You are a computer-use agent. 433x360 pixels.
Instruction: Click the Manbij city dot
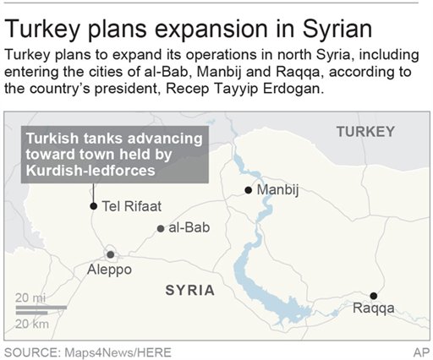(x=248, y=190)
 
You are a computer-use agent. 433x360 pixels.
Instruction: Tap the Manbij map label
(x=280, y=190)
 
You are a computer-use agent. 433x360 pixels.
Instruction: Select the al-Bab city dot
(x=161, y=228)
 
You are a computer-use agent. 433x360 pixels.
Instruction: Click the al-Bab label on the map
(x=189, y=228)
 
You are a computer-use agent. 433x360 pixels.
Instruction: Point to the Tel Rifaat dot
(x=92, y=205)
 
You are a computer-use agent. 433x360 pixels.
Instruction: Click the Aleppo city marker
(x=110, y=254)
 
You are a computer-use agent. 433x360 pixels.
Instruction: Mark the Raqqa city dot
(x=373, y=295)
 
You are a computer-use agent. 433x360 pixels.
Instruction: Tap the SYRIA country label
(x=189, y=290)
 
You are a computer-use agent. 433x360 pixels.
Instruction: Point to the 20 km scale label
(x=30, y=324)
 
